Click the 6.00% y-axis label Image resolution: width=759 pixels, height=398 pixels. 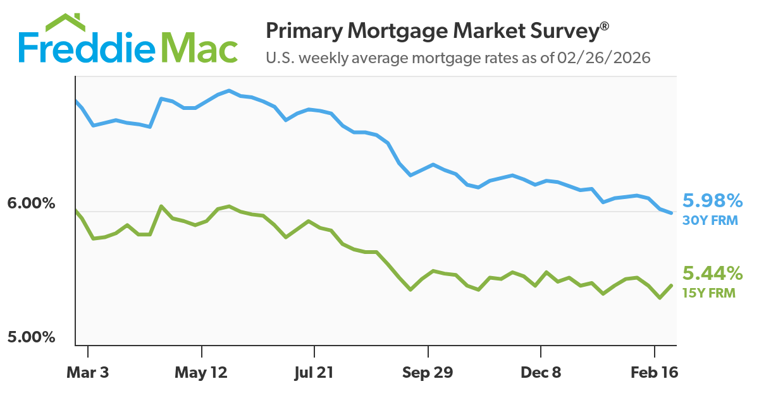click(32, 204)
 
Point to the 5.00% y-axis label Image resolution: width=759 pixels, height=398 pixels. click(32, 337)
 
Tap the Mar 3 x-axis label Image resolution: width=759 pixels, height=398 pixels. click(88, 373)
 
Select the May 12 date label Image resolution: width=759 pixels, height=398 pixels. click(201, 373)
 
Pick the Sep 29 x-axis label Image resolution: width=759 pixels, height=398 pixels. click(428, 373)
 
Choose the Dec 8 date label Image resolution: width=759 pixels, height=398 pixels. click(541, 373)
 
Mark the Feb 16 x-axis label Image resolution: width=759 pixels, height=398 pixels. click(655, 373)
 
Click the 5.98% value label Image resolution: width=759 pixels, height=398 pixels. click(712, 202)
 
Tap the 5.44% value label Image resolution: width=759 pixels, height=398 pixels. click(712, 274)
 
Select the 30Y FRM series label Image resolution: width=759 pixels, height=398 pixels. click(710, 220)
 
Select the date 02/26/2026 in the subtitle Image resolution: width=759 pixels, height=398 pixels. click(605, 58)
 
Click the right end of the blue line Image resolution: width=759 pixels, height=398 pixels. click(671, 213)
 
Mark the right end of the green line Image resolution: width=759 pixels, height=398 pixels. click(671, 286)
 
